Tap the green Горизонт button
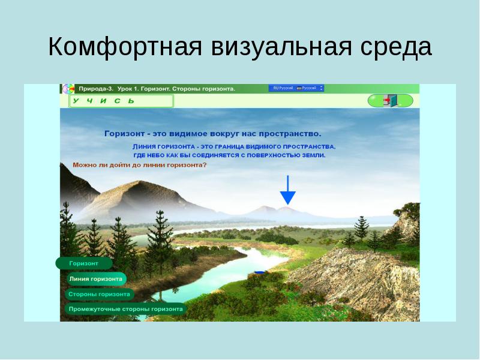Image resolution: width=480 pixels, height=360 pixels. (84, 263)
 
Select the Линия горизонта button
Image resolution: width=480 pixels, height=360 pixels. (96, 279)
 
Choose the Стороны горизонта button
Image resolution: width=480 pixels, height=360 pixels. (100, 295)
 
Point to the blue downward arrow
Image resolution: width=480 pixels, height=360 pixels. (288, 190)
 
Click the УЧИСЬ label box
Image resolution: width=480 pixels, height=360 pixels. (120, 101)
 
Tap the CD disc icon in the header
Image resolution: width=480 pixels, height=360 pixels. (68, 89)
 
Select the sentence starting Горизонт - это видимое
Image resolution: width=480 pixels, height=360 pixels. (213, 133)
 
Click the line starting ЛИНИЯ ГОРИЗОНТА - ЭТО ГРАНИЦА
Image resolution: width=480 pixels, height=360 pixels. (234, 146)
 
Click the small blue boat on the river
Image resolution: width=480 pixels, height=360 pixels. (259, 272)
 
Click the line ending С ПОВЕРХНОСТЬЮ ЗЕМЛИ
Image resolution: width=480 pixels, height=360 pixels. (229, 155)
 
